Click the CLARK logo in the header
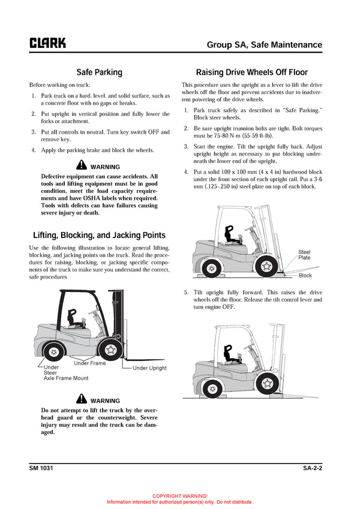tap(47, 43)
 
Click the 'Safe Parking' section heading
tap(99, 72)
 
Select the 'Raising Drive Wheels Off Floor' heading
tap(252, 72)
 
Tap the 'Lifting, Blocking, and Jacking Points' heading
tap(99, 235)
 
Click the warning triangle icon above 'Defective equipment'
tap(82, 166)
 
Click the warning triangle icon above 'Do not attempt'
tap(82, 400)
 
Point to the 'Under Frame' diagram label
tap(89, 363)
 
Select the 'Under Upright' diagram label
tap(149, 368)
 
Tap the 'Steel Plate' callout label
tap(305, 255)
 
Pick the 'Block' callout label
tap(305, 276)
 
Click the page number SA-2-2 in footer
tap(313, 468)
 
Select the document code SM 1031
tap(41, 468)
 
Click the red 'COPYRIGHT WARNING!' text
tap(180, 496)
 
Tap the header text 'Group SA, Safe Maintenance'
tap(264, 44)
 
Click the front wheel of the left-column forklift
tap(109, 350)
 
